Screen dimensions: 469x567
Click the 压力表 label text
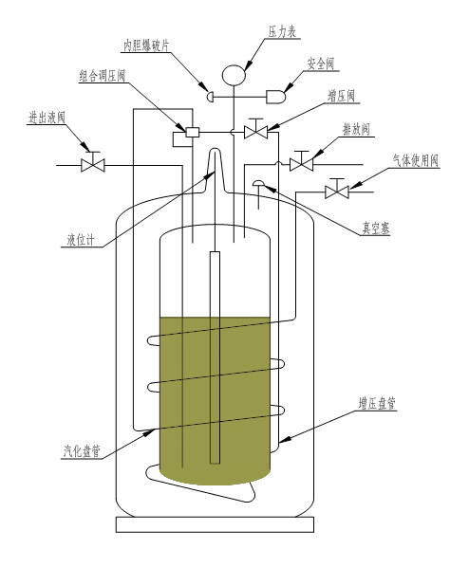pos(282,32)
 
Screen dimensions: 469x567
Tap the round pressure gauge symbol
pos(234,75)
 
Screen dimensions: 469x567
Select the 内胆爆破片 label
pos(146,46)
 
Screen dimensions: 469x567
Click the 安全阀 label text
pos(321,64)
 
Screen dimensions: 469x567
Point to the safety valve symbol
pos(276,97)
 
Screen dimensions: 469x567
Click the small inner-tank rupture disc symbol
pos(210,97)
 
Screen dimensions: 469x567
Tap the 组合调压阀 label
pos(103,76)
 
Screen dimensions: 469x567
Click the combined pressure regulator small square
pos(193,133)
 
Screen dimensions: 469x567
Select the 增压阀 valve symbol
pos(256,129)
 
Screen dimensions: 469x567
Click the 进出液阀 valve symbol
pos(93,162)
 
